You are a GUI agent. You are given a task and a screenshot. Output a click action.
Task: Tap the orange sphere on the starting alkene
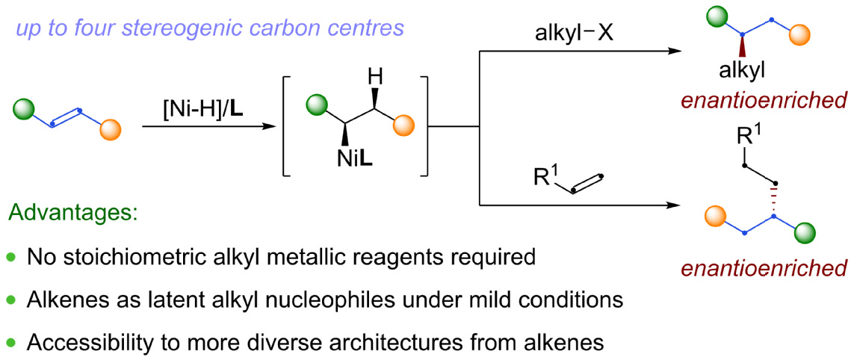(110, 130)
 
